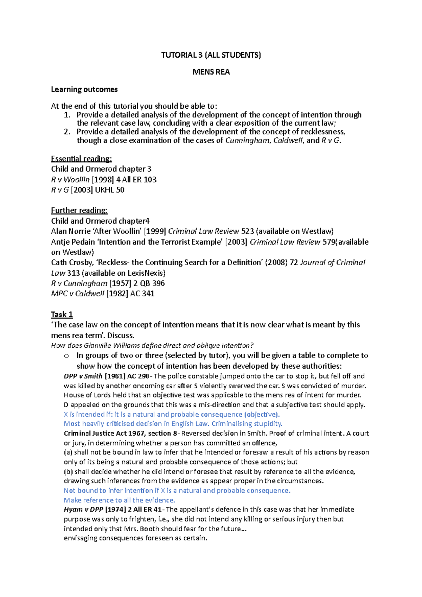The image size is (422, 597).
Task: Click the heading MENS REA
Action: click(211, 72)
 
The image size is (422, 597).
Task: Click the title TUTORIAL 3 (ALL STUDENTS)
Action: click(211, 55)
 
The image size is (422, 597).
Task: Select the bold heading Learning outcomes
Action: click(84, 89)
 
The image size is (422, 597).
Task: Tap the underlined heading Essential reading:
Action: click(81, 159)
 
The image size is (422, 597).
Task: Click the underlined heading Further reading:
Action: click(79, 210)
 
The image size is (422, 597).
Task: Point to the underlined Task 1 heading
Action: click(62, 314)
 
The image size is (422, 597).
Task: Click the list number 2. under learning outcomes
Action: click(67, 132)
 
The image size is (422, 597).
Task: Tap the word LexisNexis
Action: click(145, 273)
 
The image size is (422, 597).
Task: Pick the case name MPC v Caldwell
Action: click(78, 294)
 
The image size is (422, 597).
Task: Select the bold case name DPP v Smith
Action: click(83, 376)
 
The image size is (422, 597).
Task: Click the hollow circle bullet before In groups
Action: click(66, 356)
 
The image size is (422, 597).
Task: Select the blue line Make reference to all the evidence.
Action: click(119, 500)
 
